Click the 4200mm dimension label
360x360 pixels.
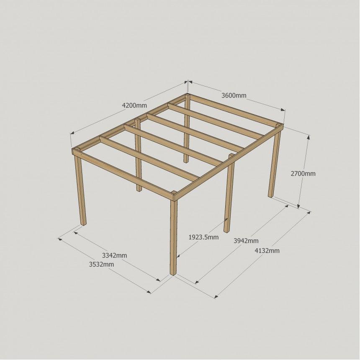(134, 105)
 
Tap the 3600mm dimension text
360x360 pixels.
(234, 95)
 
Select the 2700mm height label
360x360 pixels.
(303, 174)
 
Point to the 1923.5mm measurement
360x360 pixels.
(203, 237)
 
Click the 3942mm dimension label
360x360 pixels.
(246, 241)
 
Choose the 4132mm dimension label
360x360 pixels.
(267, 250)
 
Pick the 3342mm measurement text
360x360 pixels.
(114, 255)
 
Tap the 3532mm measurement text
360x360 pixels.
(101, 264)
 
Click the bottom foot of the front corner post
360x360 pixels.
(173, 273)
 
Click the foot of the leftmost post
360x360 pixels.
(84, 224)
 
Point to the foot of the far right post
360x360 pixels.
(271, 195)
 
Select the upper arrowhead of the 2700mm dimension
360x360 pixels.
(309, 137)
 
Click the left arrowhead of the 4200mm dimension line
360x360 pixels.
(72, 133)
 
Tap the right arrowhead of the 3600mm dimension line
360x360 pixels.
(283, 110)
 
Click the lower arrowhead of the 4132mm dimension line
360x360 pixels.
(216, 296)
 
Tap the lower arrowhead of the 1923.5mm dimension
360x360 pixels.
(178, 255)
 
